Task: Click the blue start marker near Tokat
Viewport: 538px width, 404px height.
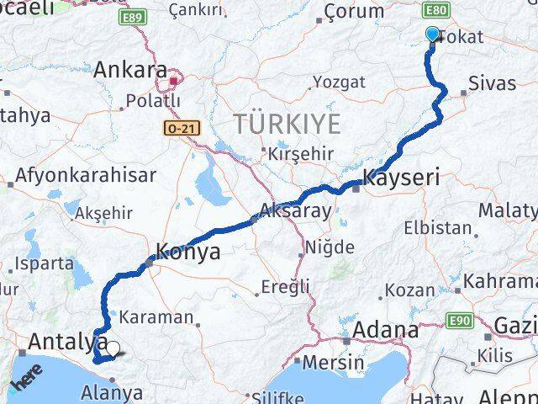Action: (x=432, y=35)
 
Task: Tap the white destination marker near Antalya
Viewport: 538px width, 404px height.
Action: (x=113, y=348)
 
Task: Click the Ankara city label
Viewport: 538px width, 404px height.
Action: (x=130, y=70)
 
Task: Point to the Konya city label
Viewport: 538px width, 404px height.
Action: (x=189, y=251)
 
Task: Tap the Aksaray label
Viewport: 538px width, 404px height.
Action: (x=296, y=211)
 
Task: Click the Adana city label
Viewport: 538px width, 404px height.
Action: (x=386, y=329)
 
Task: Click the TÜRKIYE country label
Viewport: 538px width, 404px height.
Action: (x=288, y=124)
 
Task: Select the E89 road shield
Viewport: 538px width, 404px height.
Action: (x=130, y=16)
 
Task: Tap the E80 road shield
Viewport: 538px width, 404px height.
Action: (x=435, y=10)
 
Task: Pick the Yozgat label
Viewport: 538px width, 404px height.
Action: (x=339, y=82)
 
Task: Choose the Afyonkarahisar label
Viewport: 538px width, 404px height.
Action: (x=84, y=175)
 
